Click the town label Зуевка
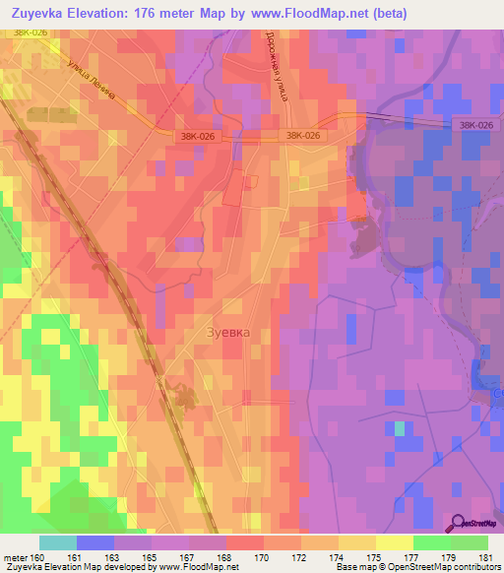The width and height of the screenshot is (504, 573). [x=227, y=333]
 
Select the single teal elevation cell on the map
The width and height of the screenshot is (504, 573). [x=399, y=428]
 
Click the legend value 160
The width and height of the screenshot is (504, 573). [x=35, y=557]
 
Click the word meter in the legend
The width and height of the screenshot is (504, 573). [x=14, y=557]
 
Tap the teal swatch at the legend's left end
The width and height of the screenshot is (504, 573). [x=57, y=542]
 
